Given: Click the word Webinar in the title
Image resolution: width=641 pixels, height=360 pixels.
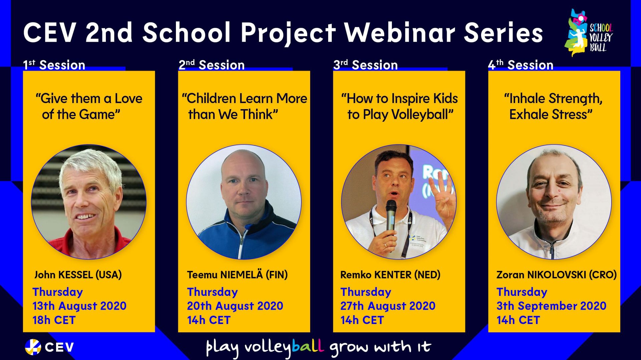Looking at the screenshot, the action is click(x=400, y=32).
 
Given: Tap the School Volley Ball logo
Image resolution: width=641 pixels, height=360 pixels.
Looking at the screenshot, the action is click(x=589, y=33).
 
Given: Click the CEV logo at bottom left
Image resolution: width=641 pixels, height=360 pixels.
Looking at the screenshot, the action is click(x=49, y=347).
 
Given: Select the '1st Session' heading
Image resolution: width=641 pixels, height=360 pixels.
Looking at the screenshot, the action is click(x=54, y=65).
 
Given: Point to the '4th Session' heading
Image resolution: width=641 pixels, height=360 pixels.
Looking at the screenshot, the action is click(x=520, y=65).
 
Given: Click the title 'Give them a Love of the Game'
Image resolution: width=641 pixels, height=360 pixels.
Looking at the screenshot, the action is click(x=89, y=106).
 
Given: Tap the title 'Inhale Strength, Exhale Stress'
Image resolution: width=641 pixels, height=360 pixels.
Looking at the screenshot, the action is click(x=553, y=106).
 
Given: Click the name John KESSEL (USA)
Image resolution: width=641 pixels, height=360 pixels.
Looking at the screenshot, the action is click(x=78, y=275).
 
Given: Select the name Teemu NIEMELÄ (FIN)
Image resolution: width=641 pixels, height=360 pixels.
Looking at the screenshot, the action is click(x=237, y=275).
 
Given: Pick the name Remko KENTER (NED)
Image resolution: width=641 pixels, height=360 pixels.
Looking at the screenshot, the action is click(x=390, y=275).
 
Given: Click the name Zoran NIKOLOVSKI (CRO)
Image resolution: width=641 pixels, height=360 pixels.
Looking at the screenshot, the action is click(x=557, y=275).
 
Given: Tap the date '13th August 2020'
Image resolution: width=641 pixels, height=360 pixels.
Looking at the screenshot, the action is click(x=79, y=306).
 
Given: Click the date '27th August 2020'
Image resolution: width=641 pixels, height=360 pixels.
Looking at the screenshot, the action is click(x=388, y=306).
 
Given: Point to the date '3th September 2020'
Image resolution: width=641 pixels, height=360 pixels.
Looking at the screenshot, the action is click(x=551, y=306).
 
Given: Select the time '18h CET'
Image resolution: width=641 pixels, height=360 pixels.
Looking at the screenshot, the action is click(x=54, y=320).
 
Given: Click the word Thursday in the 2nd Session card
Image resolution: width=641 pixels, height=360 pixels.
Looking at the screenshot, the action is click(x=212, y=292).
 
